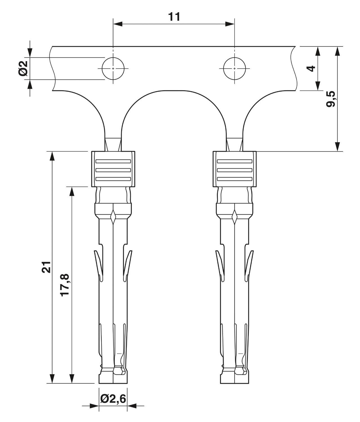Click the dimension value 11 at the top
pos(174,17)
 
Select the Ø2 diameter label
pos(23,69)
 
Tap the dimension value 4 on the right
pos(311,69)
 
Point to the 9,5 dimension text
pos(330,99)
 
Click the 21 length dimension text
pos(46,267)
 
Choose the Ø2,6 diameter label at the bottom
pos(113,399)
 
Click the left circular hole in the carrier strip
pos(113,69)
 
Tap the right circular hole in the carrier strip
pos(234,69)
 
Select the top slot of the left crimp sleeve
pos(113,161)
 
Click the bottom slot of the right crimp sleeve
pos(235,179)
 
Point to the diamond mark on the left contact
pos(113,217)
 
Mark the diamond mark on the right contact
pos(235,217)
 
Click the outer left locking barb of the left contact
pos(99,266)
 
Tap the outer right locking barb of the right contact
pos(249,266)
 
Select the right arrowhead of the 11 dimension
pos(230,24)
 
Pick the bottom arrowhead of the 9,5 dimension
pos(337,147)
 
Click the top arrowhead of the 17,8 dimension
pos(72,191)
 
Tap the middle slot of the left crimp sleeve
pos(113,170)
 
